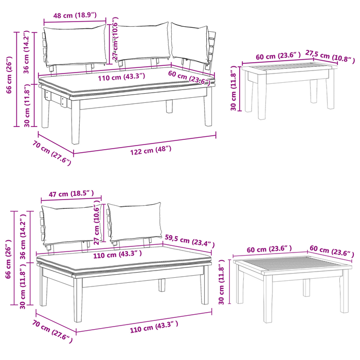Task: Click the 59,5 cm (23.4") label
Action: (x=190, y=240)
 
